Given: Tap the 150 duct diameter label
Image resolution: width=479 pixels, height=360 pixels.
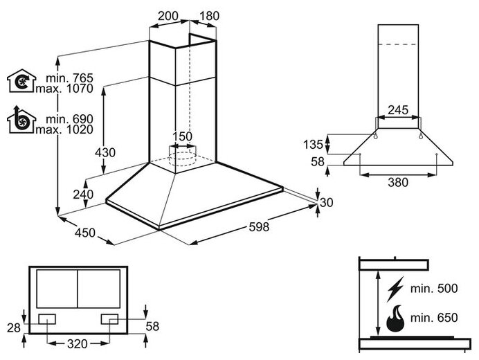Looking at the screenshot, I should (181, 136).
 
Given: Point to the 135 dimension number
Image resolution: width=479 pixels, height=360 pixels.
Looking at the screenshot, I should (314, 145).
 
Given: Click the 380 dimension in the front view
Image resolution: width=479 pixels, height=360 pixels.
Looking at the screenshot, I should (397, 183).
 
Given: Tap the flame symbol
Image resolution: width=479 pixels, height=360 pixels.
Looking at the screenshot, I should (397, 318).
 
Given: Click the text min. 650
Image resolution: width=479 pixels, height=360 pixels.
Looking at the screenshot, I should (435, 318).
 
